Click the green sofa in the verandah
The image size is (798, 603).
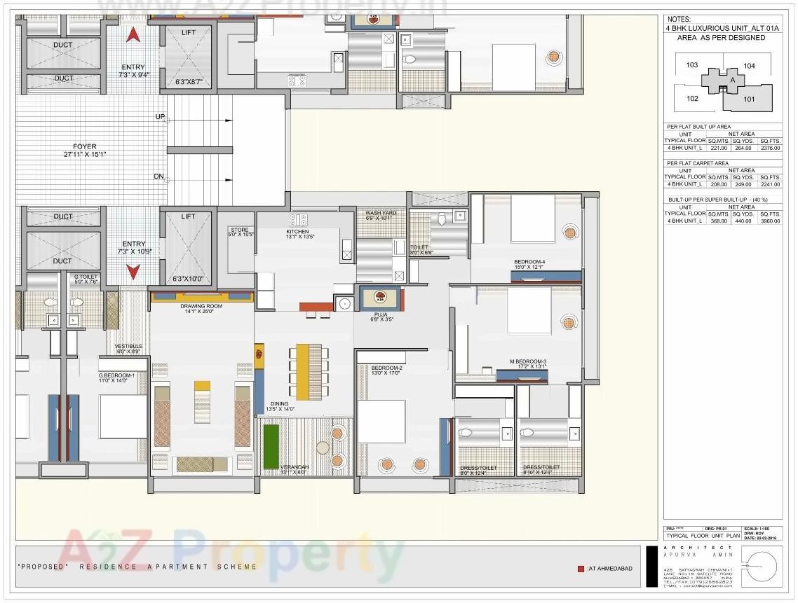tap(271, 446)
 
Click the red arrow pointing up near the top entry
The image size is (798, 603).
tap(133, 35)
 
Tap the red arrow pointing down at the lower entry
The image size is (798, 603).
tap(133, 271)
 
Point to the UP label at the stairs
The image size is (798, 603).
tap(160, 117)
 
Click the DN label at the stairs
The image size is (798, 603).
tap(159, 176)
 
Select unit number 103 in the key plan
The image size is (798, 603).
tap(692, 65)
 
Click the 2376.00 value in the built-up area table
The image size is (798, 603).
tap(769, 148)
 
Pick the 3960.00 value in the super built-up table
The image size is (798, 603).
tap(769, 221)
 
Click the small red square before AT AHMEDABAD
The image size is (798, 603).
tap(581, 569)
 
